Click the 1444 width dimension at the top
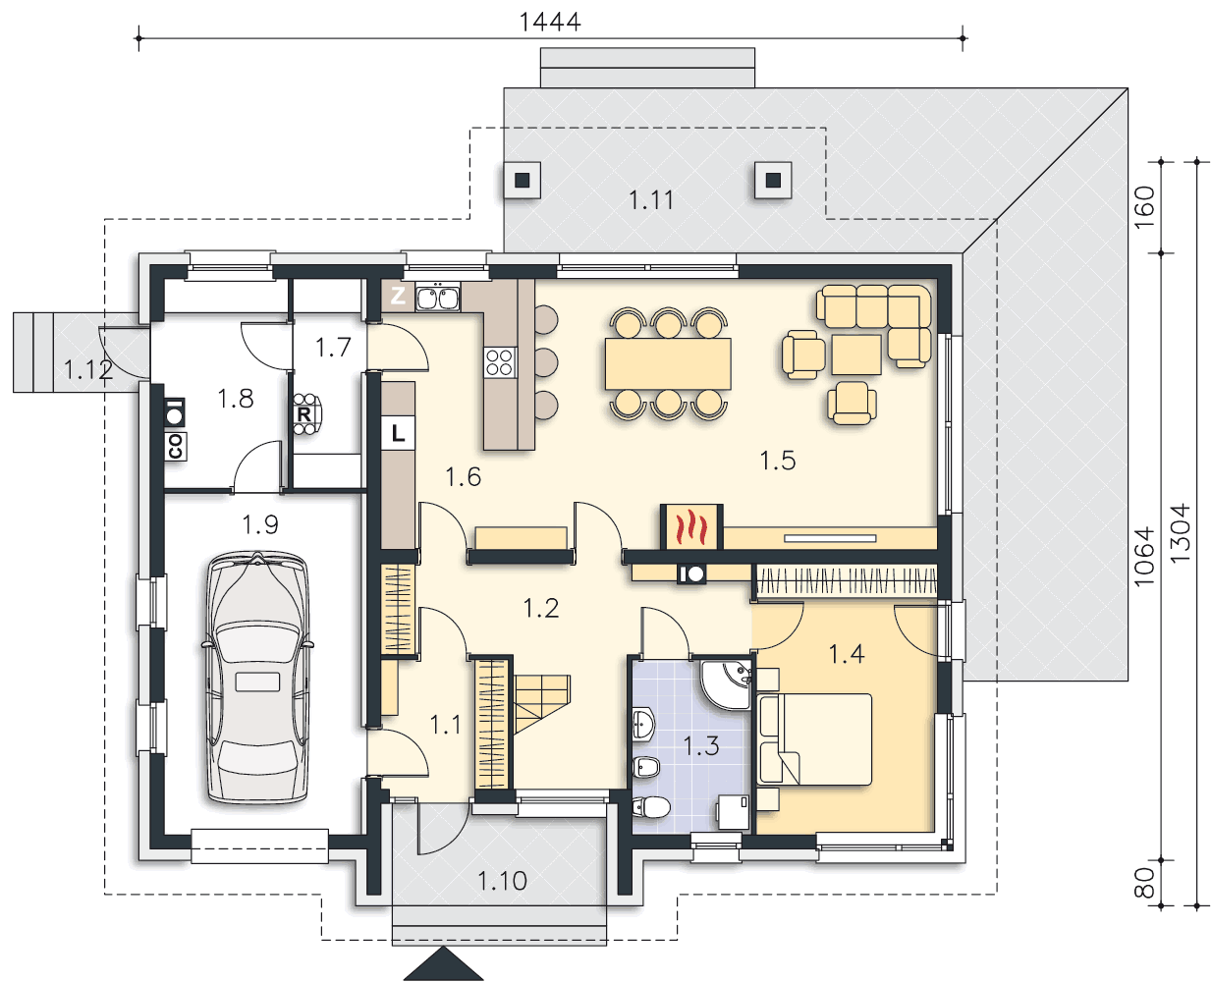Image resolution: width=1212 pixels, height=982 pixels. (x=550, y=23)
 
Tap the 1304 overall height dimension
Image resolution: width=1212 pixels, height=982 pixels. (x=1181, y=532)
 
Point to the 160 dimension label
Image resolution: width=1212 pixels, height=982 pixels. (x=1144, y=207)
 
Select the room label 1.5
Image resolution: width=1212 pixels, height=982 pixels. (x=777, y=461)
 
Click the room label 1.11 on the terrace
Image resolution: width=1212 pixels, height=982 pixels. (x=651, y=200)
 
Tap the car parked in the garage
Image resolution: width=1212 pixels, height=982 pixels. (x=257, y=677)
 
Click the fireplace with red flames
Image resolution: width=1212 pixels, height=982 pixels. (x=691, y=527)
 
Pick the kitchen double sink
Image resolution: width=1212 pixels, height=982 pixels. (x=437, y=298)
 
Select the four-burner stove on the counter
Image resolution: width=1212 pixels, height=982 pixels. (x=500, y=362)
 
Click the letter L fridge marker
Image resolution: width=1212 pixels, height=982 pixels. (x=398, y=433)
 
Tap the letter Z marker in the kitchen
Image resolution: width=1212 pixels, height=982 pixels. (x=397, y=296)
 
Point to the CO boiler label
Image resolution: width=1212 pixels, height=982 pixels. (x=175, y=447)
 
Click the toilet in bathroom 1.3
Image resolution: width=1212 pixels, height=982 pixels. (x=651, y=806)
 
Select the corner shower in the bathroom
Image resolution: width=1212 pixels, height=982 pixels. (x=726, y=684)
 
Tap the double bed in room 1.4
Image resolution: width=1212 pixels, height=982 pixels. (x=815, y=739)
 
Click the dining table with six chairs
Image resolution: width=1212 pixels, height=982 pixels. (x=668, y=364)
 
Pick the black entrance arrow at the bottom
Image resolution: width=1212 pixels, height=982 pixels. (x=443, y=963)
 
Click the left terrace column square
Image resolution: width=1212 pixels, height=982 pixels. (x=522, y=181)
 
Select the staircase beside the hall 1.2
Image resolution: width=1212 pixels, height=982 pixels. (x=542, y=703)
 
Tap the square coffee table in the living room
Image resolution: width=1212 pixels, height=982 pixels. (x=855, y=355)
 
